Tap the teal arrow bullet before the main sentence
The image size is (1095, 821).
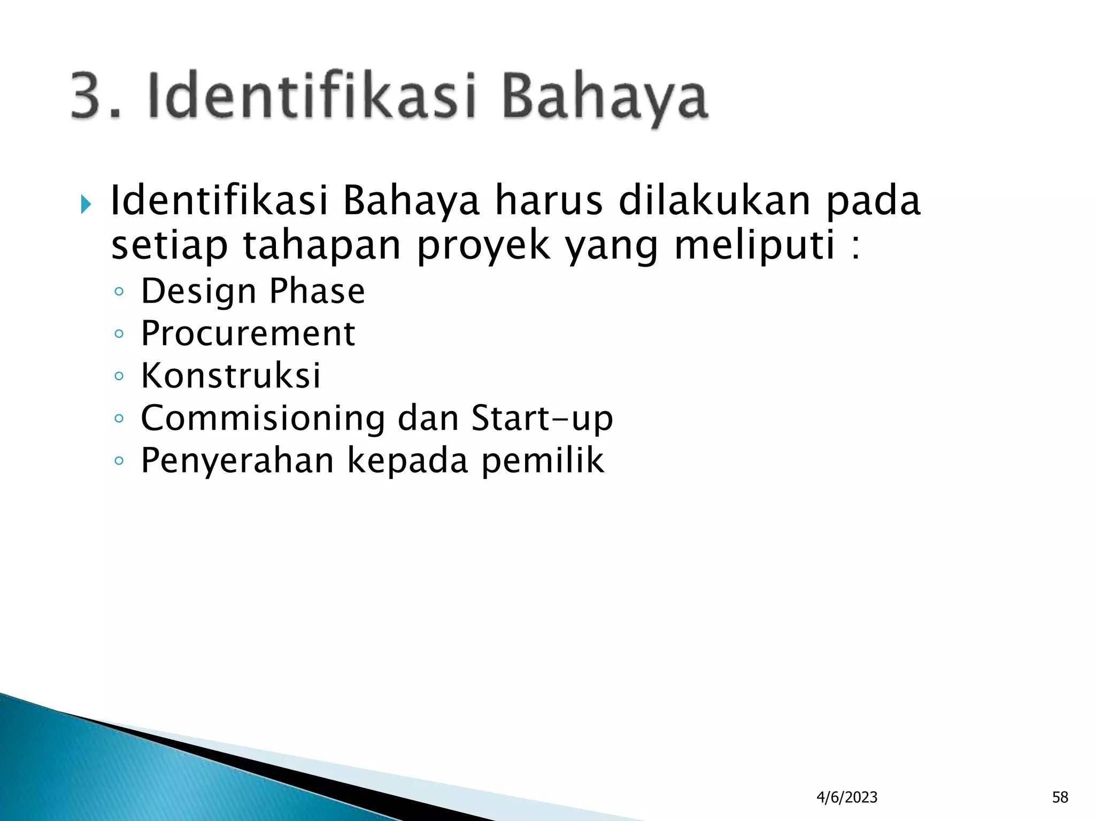click(x=86, y=204)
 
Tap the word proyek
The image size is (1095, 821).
click(x=484, y=246)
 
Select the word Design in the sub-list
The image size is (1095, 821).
click(x=198, y=292)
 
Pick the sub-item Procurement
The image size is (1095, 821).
click(x=248, y=334)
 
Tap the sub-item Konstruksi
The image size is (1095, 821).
click(x=231, y=375)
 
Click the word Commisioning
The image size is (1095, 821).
click(x=263, y=418)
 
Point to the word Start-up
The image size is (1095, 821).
click(x=542, y=419)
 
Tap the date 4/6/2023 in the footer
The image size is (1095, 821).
click(x=847, y=797)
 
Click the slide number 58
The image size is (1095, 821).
click(x=1060, y=797)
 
